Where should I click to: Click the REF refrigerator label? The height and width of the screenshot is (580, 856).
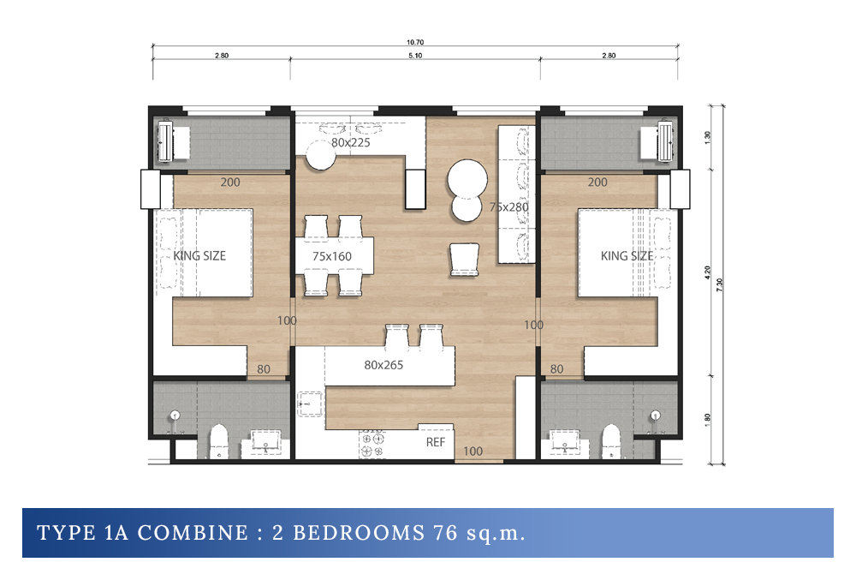click(436, 442)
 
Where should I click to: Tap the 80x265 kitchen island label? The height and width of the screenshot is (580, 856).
click(383, 365)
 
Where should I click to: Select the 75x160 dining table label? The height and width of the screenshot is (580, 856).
click(332, 256)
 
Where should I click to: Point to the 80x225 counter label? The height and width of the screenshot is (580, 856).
click(350, 142)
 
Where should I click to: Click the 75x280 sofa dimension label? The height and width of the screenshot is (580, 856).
click(508, 207)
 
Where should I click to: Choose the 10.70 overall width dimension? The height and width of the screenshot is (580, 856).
click(415, 42)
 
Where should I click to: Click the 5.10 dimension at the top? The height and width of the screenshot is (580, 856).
click(415, 56)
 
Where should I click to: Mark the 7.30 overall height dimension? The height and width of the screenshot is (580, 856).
click(720, 284)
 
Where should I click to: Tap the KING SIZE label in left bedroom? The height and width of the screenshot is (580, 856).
click(199, 255)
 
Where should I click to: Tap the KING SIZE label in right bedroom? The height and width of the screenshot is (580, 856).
click(627, 255)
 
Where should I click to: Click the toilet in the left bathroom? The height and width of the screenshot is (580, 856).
click(219, 440)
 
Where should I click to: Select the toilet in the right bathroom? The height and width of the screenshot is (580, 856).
click(611, 440)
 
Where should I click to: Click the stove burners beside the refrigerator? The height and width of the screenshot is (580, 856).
click(372, 444)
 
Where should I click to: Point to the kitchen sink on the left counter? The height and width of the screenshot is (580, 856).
click(310, 404)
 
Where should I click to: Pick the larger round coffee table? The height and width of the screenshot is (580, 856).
click(467, 178)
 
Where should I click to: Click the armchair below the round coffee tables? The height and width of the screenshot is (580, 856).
click(465, 259)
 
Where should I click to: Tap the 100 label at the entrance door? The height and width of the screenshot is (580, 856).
click(473, 451)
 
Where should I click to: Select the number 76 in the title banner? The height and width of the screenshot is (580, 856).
click(445, 533)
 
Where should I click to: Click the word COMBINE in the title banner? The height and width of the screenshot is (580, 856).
click(193, 533)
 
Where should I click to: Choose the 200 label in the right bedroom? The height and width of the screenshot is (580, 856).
click(597, 182)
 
